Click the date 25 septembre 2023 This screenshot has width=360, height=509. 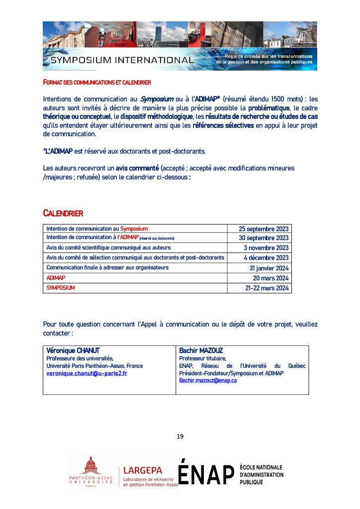[264, 229]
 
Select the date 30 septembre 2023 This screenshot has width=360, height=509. [264, 238]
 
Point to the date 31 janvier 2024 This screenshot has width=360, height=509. [269, 268]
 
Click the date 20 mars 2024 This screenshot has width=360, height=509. [270, 278]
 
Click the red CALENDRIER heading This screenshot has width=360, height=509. [63, 214]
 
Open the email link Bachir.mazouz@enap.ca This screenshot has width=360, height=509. [208, 380]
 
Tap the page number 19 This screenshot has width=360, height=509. [180, 436]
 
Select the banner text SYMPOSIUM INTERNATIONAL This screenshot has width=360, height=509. [122, 61]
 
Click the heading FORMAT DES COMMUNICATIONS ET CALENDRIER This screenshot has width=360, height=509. [97, 82]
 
